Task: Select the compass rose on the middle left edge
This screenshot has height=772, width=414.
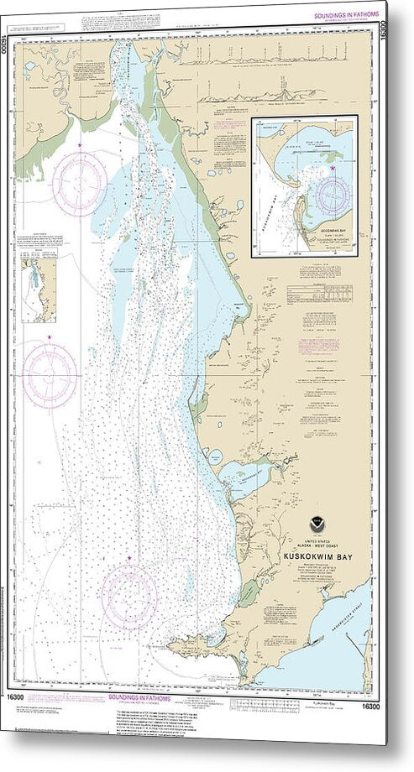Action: (x=50, y=374)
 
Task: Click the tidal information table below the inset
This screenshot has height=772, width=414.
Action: (x=321, y=293)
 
